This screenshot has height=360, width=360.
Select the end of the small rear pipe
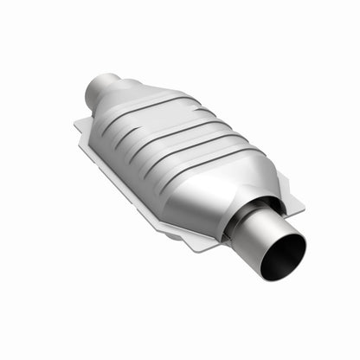coord(94,87)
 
